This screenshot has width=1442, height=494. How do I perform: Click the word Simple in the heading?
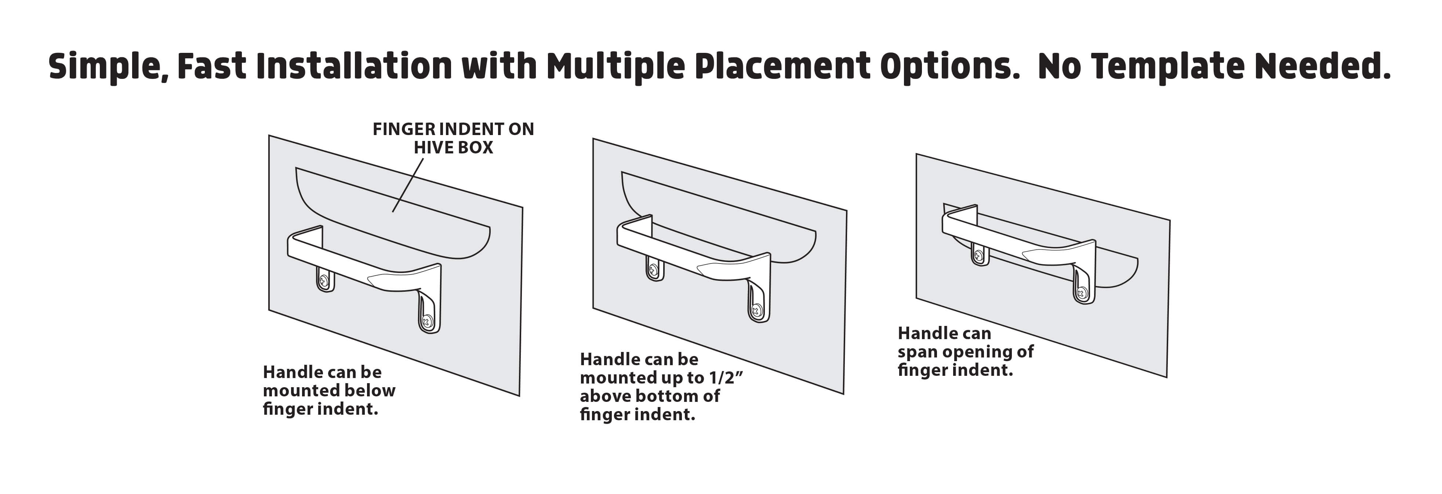109,67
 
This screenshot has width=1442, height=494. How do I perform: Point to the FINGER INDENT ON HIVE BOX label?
453,138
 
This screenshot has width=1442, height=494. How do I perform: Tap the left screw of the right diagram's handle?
978,255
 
